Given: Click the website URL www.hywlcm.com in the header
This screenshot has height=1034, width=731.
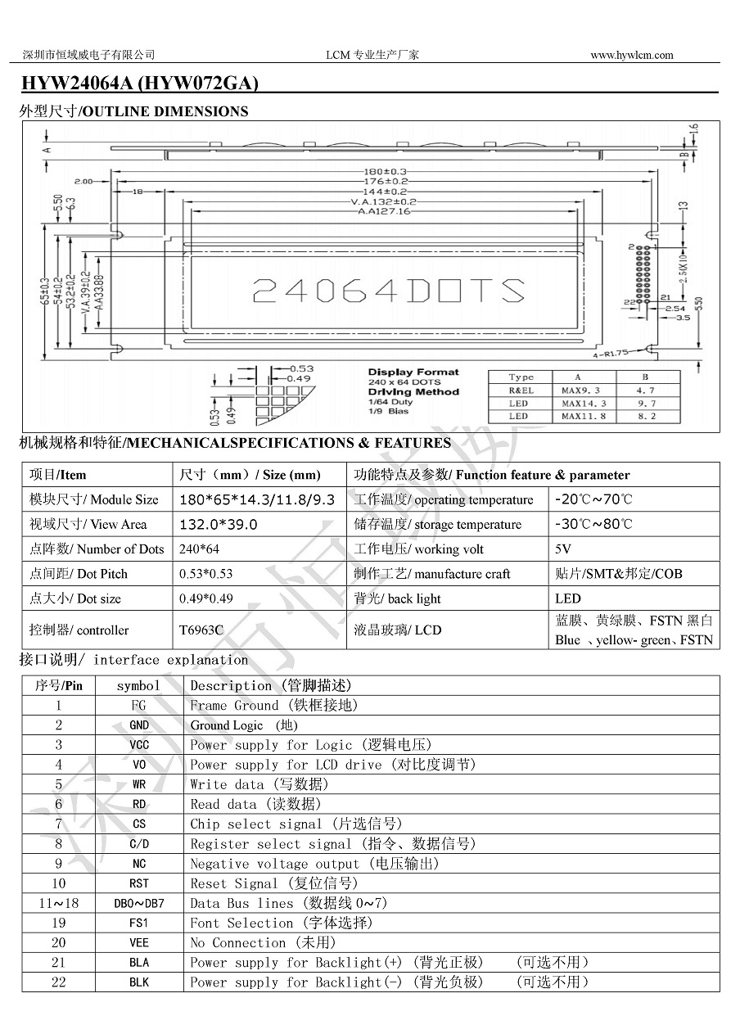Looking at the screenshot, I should (x=631, y=55).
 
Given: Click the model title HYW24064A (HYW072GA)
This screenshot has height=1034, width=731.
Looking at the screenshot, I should (x=139, y=83).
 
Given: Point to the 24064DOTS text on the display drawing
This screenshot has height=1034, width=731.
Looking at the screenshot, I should (x=388, y=291).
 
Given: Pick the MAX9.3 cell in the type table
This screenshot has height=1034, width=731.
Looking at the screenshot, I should (x=584, y=391).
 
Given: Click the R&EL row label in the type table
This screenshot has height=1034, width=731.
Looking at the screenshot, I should (x=521, y=391).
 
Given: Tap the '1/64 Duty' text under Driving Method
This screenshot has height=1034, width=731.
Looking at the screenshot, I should (x=390, y=402).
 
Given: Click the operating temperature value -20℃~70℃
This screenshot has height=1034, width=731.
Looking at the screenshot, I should (x=593, y=499).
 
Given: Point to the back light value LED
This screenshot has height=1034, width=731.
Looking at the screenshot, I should (x=567, y=598).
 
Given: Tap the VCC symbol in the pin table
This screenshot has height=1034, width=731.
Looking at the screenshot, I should (x=139, y=745).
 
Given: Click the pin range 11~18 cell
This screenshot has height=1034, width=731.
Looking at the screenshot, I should (x=58, y=903).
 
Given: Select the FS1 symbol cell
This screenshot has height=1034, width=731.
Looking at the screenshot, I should (x=139, y=923).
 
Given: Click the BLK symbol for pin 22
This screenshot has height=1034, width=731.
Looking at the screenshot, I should (x=139, y=982).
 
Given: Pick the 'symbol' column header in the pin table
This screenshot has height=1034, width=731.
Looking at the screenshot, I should (x=139, y=686).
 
